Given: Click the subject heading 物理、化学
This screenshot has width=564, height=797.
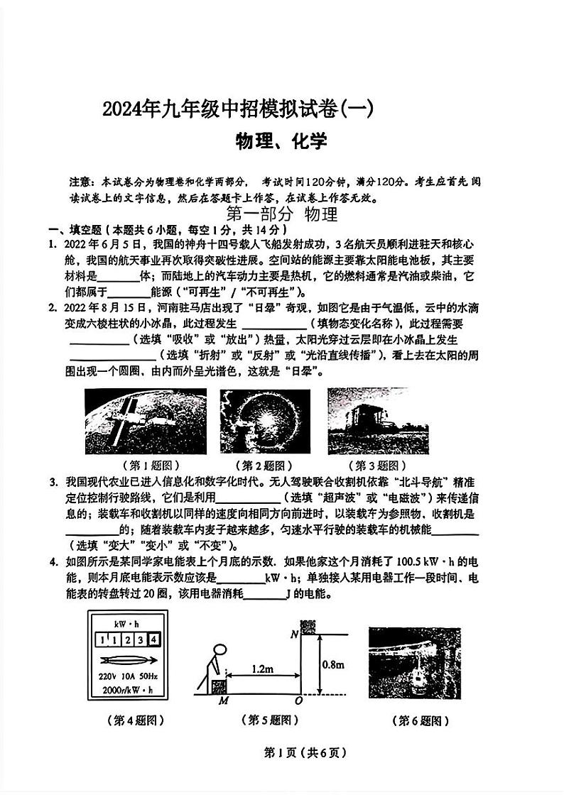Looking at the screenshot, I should pos(281,142).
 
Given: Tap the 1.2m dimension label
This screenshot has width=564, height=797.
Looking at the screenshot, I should pos(261,669).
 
